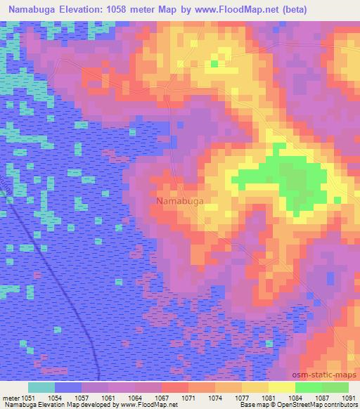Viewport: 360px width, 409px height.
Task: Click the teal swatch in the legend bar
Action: pyautogui.click(x=41, y=387)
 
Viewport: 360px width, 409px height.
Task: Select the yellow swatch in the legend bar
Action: pyautogui.click(x=281, y=387)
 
